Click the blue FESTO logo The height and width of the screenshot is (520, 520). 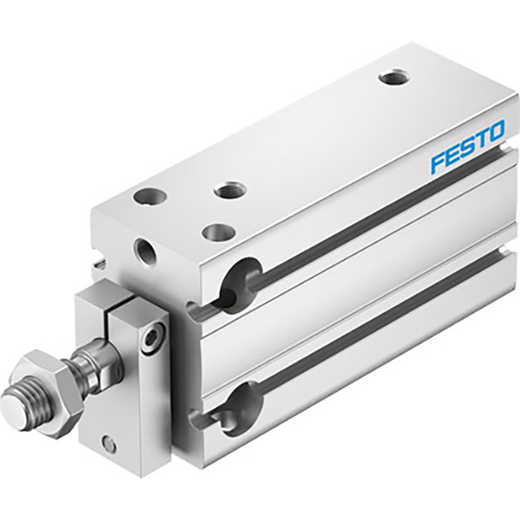coord(467,146)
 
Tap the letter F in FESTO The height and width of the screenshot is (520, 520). coord(439,161)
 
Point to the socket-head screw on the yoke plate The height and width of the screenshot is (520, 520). coord(153,339)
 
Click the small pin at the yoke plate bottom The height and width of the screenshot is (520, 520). coord(109,444)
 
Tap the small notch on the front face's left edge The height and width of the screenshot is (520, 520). coord(100,261)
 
